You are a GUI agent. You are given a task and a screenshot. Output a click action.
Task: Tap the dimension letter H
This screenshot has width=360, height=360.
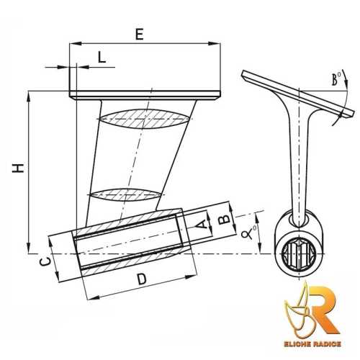17,168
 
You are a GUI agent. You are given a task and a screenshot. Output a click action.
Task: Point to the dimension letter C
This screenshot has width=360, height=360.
44,263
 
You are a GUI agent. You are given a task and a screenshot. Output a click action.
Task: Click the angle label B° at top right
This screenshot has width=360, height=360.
336,81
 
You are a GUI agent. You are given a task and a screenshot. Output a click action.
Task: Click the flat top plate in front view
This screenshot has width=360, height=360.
144,94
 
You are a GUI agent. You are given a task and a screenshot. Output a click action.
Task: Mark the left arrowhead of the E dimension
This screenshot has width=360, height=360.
73,44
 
